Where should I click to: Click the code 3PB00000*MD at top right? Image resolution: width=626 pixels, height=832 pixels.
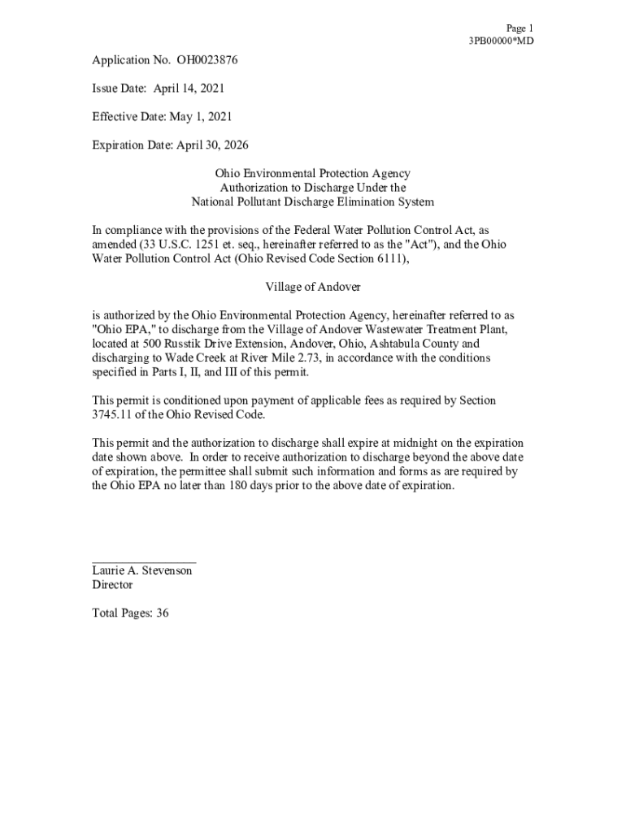click(501, 41)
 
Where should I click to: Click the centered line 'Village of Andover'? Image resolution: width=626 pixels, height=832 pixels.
click(313, 287)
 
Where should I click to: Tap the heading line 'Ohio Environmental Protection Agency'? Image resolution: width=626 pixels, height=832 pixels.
click(313, 174)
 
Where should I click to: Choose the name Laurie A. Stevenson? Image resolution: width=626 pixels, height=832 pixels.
click(142, 571)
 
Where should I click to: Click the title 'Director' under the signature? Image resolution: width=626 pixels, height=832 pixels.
click(112, 585)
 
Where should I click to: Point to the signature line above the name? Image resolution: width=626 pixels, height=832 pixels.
click(143, 561)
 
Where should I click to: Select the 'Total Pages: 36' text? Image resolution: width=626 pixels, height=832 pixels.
click(130, 613)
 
